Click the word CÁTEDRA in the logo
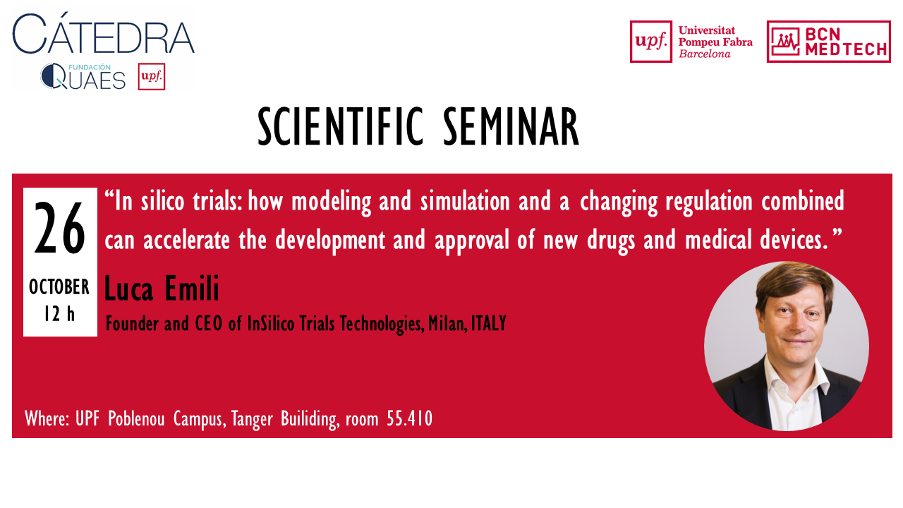pyautogui.click(x=104, y=33)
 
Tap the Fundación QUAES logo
pyautogui.click(x=83, y=76)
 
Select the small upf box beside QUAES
pyautogui.click(x=152, y=77)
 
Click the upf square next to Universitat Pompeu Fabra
pyautogui.click(x=650, y=42)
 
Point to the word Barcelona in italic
pyautogui.click(x=704, y=54)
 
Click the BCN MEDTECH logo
pyautogui.click(x=828, y=42)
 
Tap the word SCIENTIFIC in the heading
pyautogui.click(x=341, y=126)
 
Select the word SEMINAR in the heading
pyautogui.click(x=511, y=126)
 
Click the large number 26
pyautogui.click(x=60, y=228)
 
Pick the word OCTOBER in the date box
pyautogui.click(x=59, y=287)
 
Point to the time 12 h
pyautogui.click(x=59, y=314)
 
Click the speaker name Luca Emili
pyautogui.click(x=162, y=288)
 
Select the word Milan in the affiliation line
pyautogui.click(x=447, y=324)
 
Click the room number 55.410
pyautogui.click(x=410, y=418)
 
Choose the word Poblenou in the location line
pyautogui.click(x=136, y=418)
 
